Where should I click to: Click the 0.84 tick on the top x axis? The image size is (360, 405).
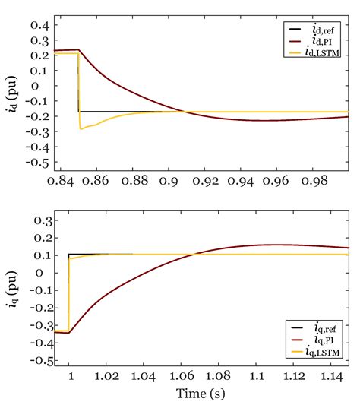(x=65, y=182)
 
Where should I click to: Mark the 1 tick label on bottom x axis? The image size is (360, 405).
(x=69, y=375)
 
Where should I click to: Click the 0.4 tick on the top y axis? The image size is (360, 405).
(x=39, y=26)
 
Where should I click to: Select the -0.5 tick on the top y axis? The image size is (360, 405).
(x=36, y=163)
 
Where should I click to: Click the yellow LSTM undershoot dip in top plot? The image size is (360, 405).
(x=81, y=128)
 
